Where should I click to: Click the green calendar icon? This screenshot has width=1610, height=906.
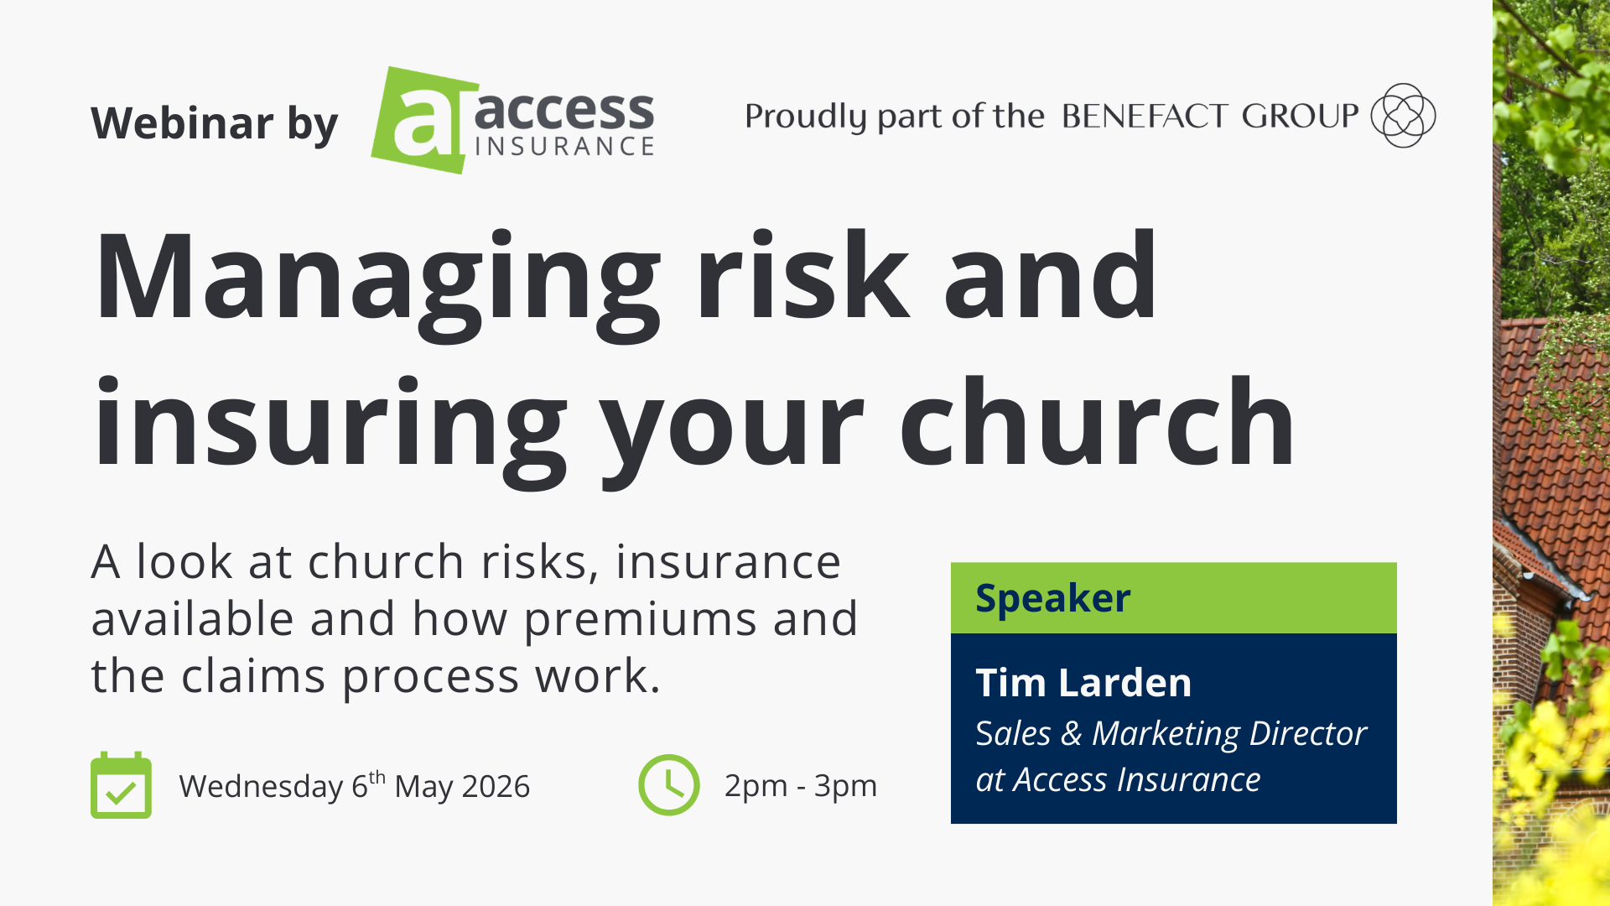click(x=121, y=785)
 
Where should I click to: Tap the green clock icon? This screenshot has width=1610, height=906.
click(x=668, y=785)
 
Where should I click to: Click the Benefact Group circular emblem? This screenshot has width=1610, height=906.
click(x=1403, y=115)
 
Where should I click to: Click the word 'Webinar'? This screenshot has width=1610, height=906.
click(x=182, y=123)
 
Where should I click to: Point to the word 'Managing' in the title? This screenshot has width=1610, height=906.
click(x=377, y=277)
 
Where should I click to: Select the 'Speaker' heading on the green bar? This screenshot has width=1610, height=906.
click(x=1052, y=598)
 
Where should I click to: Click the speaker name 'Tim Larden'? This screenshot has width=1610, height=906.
click(x=1083, y=683)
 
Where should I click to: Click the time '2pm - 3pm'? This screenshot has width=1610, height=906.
click(x=801, y=786)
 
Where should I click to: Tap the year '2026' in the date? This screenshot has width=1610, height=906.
click(x=496, y=787)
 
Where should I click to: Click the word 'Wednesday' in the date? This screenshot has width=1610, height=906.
click(x=261, y=787)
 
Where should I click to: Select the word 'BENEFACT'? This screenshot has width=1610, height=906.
click(x=1145, y=116)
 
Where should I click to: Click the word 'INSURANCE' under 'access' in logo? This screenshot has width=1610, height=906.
click(x=564, y=147)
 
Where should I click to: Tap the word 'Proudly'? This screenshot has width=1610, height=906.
click(x=805, y=117)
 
